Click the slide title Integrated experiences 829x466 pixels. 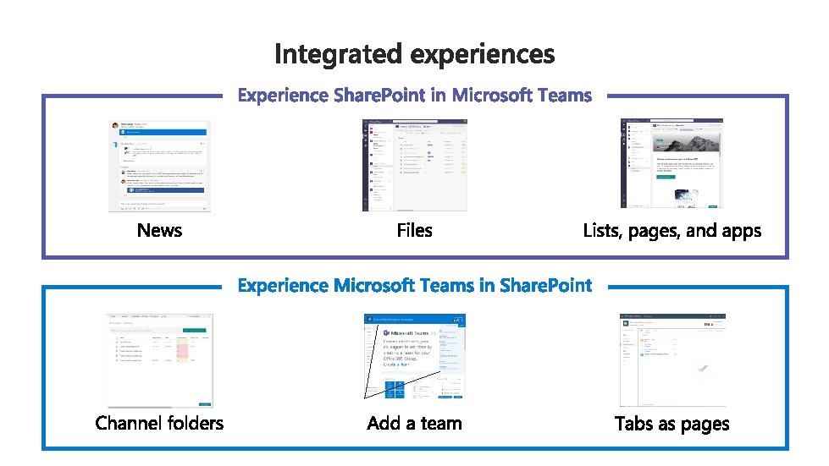[414, 54]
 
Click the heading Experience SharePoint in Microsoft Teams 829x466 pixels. [414, 95]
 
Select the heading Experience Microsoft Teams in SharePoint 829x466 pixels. [414, 285]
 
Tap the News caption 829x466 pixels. [159, 230]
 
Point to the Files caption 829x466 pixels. [414, 230]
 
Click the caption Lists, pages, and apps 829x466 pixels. [671, 230]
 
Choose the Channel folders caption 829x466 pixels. [159, 423]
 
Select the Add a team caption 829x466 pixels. [414, 423]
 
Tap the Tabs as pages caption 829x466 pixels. [671, 424]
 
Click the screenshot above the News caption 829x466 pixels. [159, 165]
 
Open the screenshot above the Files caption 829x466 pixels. [414, 165]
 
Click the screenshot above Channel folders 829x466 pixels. [159, 359]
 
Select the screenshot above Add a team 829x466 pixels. [414, 356]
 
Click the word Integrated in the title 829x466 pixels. [339, 54]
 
